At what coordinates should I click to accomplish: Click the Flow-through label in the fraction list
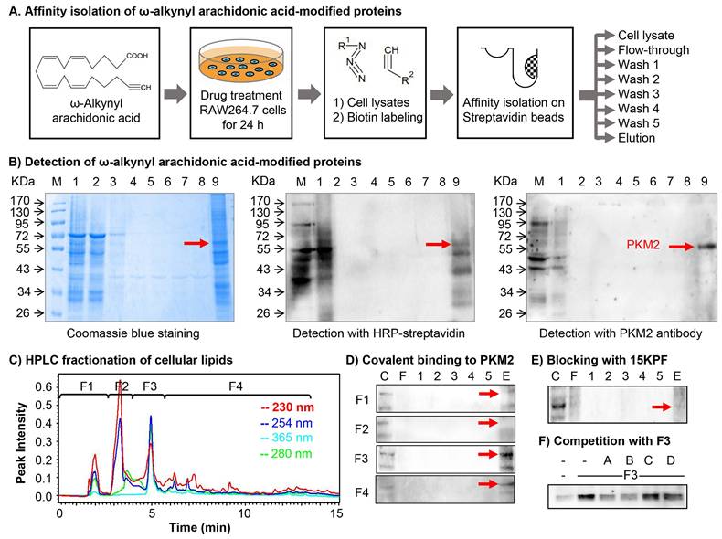[653, 50]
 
